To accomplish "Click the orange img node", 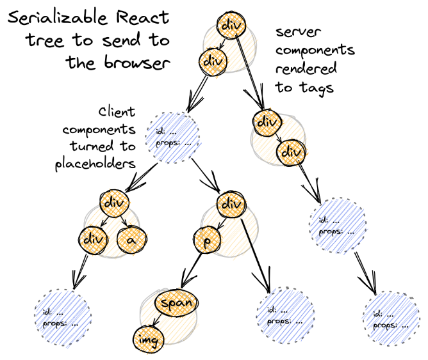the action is [x=149, y=340].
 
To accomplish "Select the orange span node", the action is [x=176, y=303].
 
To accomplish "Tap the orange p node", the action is [x=208, y=240].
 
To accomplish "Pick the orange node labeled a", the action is [x=132, y=240].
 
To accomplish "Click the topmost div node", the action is [x=231, y=25].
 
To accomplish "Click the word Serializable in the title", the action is [x=58, y=18].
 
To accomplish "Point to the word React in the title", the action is [x=142, y=17].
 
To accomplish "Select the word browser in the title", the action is [x=137, y=63].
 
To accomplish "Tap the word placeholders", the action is [x=95, y=164].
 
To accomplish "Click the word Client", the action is [x=117, y=112].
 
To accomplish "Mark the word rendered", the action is [x=306, y=68].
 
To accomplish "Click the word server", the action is [x=298, y=32].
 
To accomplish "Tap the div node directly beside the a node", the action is [x=93, y=240].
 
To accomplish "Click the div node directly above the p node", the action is [x=231, y=204].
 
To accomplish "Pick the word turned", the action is [x=92, y=146].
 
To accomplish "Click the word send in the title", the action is [x=122, y=40].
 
